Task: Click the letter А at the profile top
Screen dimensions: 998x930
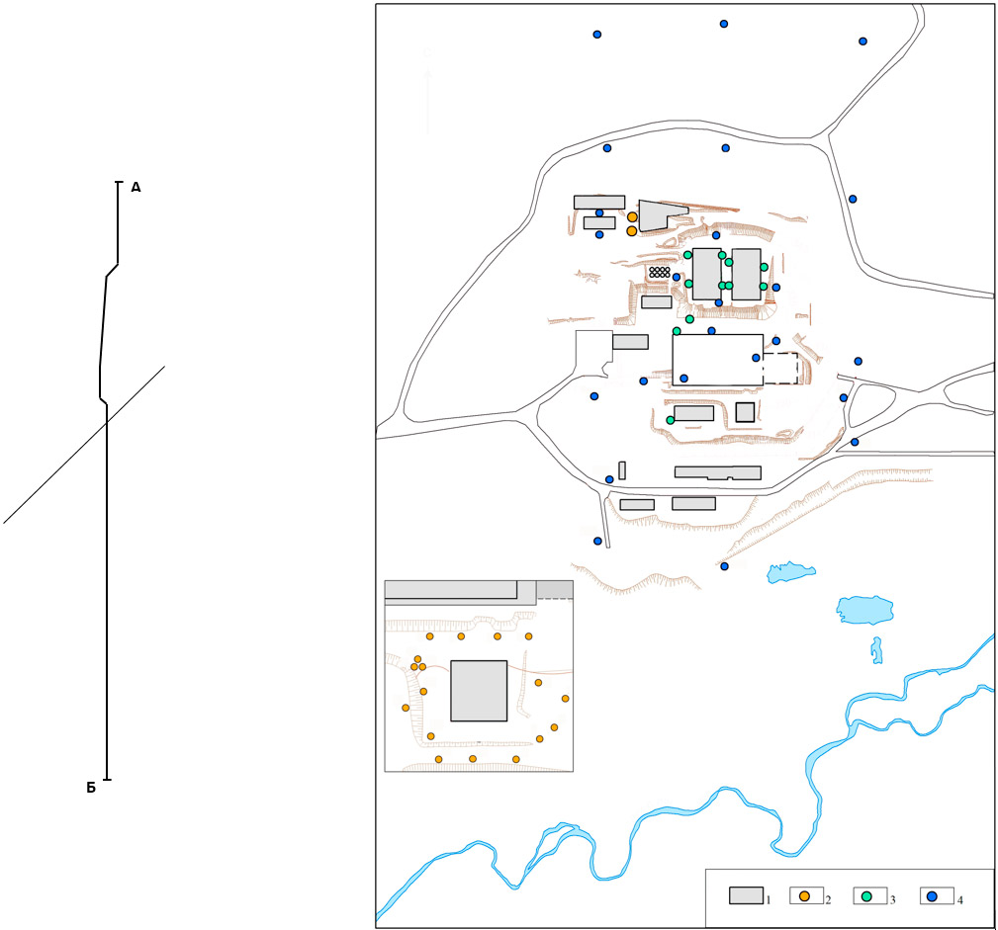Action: pyautogui.click(x=136, y=188)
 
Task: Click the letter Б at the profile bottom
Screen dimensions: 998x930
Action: pyautogui.click(x=91, y=788)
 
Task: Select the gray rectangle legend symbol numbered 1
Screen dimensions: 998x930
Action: pyautogui.click(x=746, y=895)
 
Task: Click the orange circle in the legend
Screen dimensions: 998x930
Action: pyautogui.click(x=804, y=895)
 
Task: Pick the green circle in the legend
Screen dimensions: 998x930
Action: pyautogui.click(x=866, y=896)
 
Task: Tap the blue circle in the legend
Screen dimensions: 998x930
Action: pyautogui.click(x=932, y=896)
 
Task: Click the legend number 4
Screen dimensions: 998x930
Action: pyautogui.click(x=959, y=900)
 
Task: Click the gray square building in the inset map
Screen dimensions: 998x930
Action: pyautogui.click(x=479, y=691)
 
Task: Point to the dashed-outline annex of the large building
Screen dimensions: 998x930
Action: pyautogui.click(x=781, y=369)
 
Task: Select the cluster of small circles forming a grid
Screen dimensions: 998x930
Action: pyautogui.click(x=660, y=272)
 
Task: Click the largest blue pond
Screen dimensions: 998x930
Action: pyautogui.click(x=864, y=610)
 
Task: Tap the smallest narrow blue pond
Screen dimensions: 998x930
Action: pyautogui.click(x=876, y=650)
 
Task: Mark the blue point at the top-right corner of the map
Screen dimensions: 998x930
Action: pyautogui.click(x=863, y=42)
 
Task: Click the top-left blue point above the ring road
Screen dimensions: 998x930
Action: pyautogui.click(x=597, y=35)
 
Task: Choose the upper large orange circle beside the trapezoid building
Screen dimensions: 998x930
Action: pyautogui.click(x=632, y=216)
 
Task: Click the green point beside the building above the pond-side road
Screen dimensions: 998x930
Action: pyautogui.click(x=671, y=420)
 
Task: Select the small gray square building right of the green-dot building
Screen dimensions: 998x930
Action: pyautogui.click(x=746, y=412)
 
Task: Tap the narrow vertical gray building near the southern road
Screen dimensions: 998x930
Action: pyautogui.click(x=622, y=470)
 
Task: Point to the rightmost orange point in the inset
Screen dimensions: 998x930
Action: pyautogui.click(x=565, y=699)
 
